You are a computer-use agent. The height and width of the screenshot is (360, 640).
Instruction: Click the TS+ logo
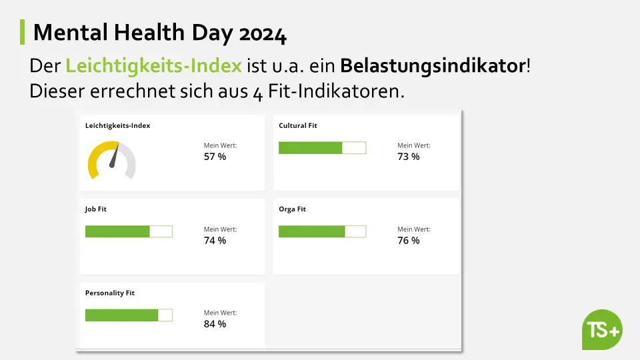click(602, 329)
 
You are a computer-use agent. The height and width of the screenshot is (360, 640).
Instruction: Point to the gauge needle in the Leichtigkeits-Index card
click(114, 155)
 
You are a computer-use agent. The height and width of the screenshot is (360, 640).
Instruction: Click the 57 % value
click(215, 157)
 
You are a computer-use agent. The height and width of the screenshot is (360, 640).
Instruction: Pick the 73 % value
click(409, 157)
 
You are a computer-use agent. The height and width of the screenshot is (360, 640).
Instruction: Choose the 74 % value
click(215, 240)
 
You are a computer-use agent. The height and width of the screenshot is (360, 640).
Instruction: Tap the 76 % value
click(409, 240)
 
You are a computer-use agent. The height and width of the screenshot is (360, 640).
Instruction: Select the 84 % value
click(215, 324)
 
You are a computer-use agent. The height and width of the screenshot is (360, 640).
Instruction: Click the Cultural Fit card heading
click(297, 125)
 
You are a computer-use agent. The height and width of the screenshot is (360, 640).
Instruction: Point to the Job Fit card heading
click(96, 209)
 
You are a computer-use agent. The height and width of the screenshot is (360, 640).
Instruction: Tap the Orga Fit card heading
click(292, 209)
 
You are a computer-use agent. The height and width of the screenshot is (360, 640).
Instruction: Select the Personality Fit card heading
click(110, 293)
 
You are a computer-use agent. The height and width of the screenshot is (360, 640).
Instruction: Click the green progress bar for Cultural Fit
click(310, 148)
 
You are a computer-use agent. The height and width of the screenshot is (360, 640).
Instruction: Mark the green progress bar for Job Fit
click(117, 231)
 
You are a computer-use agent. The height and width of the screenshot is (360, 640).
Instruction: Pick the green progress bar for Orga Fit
click(311, 231)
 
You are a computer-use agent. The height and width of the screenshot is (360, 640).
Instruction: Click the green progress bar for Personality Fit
click(121, 315)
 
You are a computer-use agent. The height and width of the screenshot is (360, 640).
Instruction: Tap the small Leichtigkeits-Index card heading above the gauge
click(117, 125)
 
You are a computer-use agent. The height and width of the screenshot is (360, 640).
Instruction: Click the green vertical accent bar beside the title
click(23, 32)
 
